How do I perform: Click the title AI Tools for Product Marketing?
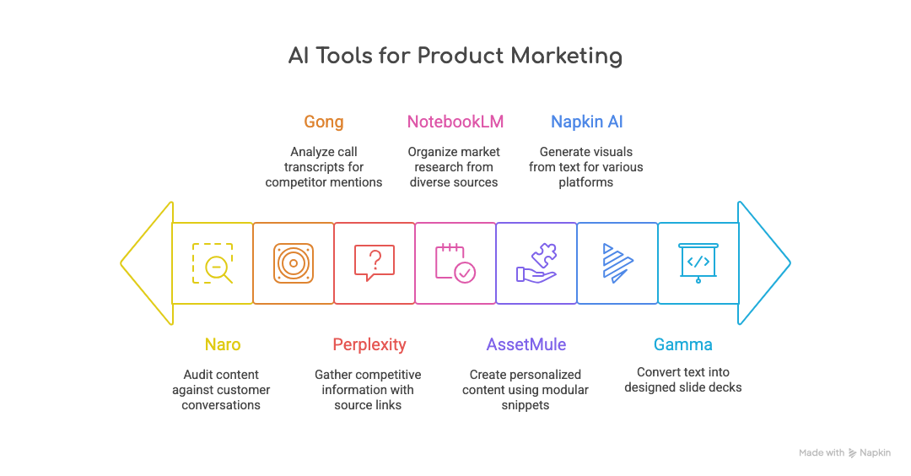455,57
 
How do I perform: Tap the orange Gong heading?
324,122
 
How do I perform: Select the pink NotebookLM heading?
455,122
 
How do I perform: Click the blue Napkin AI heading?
586,122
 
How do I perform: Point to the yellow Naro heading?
222,344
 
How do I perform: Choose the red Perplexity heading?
369,344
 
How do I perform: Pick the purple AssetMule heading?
526,344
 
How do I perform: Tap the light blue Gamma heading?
682,344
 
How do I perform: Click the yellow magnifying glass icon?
212,262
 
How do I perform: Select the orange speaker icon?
294,262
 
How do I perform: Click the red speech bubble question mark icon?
375,262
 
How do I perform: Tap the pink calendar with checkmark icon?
455,262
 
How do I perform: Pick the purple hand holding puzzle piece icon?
536,262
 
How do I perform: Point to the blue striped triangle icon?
617,262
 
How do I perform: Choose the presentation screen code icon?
698,262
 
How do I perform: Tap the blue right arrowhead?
763,262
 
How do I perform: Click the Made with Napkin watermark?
844,453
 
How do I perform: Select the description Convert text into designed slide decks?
682,380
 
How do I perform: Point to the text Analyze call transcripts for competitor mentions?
324,167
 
